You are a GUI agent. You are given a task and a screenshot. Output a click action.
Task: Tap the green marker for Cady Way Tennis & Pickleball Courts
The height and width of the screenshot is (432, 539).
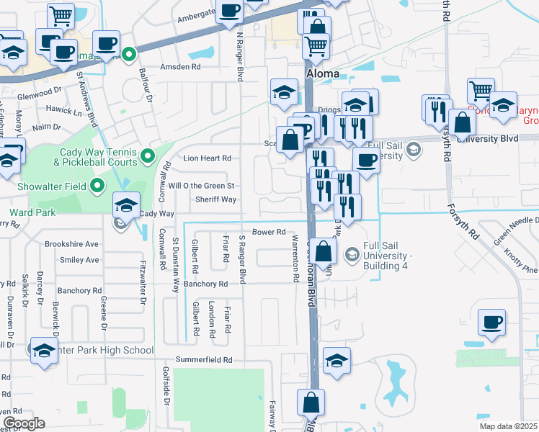click(148, 156)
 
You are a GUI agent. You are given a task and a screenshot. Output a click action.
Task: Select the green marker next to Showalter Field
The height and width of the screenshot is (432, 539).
click(99, 188)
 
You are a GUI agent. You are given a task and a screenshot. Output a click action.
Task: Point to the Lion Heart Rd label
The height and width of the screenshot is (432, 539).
click(207, 158)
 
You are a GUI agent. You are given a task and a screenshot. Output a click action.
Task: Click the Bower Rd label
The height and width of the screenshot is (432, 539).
click(269, 233)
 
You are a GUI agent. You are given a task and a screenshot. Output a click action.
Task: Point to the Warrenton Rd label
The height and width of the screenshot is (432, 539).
click(295, 257)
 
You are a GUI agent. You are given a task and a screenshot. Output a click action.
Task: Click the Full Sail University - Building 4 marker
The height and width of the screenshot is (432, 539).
click(352, 253)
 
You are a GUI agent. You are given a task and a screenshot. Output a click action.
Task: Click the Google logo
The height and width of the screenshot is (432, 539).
click(23, 423)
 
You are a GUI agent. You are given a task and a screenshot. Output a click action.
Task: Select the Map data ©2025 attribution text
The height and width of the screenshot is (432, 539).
click(508, 426)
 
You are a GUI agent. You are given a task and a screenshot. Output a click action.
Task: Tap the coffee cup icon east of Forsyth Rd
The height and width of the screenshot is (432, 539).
click(491, 323)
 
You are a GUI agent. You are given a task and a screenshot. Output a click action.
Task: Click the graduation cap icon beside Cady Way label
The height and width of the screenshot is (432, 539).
click(126, 206)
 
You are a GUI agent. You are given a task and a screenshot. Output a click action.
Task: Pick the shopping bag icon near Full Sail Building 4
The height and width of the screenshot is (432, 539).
click(324, 252)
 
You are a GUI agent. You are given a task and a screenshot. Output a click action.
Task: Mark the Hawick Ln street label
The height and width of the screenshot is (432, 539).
click(64, 110)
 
